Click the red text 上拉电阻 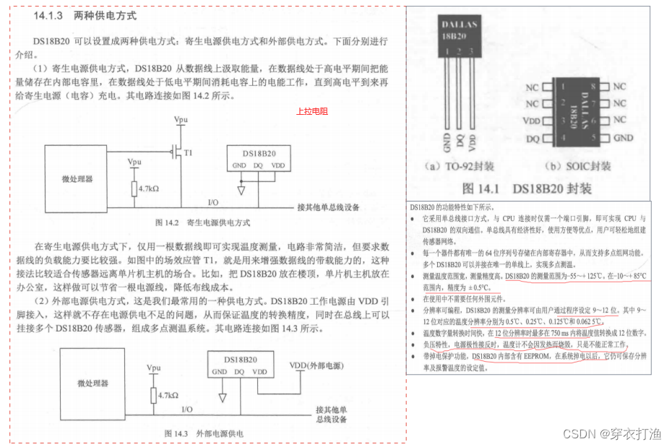click(x=311, y=111)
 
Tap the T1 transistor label click(x=189, y=152)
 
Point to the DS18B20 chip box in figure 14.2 click(x=259, y=160)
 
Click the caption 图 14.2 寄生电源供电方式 click(x=202, y=222)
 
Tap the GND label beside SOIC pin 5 click(x=623, y=137)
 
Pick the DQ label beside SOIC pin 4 click(x=533, y=137)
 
